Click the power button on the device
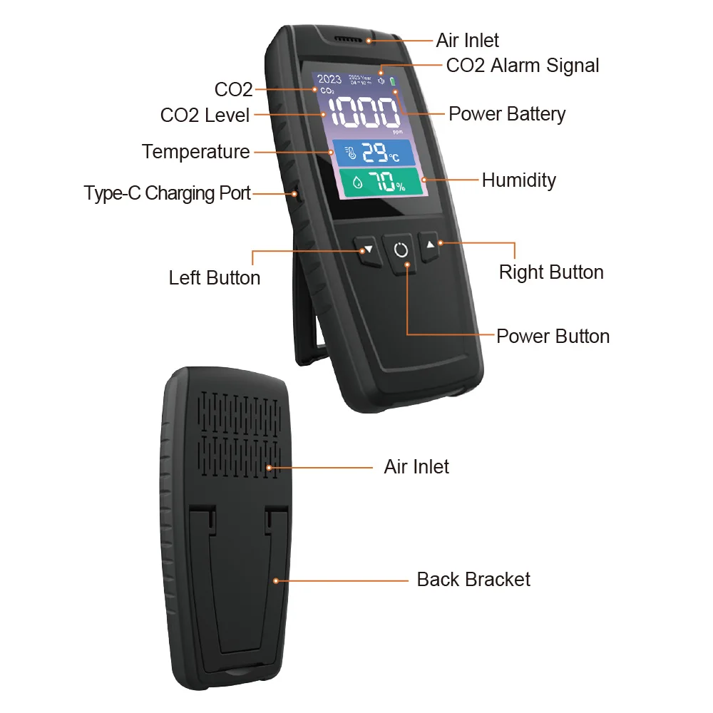[x=401, y=251]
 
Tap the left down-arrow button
[x=366, y=250]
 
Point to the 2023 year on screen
[x=329, y=79]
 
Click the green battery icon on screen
[x=391, y=81]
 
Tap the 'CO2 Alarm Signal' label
[x=522, y=66]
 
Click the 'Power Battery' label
[x=507, y=114]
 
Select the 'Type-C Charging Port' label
[x=168, y=193]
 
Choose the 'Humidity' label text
[x=518, y=180]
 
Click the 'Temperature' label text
[x=195, y=152]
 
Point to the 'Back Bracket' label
[x=473, y=579]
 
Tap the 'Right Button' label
[x=550, y=272]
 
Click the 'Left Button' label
[x=215, y=277]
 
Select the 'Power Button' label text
[x=553, y=336]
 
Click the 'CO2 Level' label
[x=205, y=116]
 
